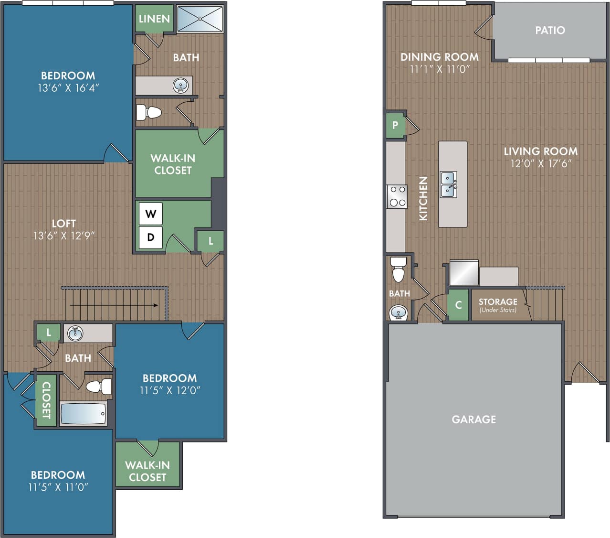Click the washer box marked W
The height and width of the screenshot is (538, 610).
coord(151,214)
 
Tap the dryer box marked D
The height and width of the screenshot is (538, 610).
coord(151,237)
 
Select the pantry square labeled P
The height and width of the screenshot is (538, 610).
coord(395,125)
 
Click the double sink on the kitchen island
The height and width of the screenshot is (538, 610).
coord(448,184)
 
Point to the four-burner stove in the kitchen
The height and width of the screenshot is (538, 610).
coord(397,196)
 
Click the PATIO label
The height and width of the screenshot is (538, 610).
coord(550,30)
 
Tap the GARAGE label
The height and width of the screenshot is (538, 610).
coord(474,419)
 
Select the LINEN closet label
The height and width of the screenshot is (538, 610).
coord(154,19)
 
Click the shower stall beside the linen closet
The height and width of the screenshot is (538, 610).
coord(200,19)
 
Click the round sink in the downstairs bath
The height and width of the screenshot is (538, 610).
coord(398,313)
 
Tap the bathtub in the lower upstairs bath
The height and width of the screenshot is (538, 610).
coord(83,413)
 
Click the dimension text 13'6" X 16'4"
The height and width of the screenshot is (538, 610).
coord(69,88)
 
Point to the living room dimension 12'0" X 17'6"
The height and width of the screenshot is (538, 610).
coord(541,163)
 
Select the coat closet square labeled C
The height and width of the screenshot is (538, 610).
coord(459,305)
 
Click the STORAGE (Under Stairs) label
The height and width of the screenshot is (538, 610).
coord(498,304)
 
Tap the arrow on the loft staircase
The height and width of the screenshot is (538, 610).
coord(155,305)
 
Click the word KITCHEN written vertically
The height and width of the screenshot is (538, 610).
coord(423,198)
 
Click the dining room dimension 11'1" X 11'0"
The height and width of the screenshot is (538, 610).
coord(440,69)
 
